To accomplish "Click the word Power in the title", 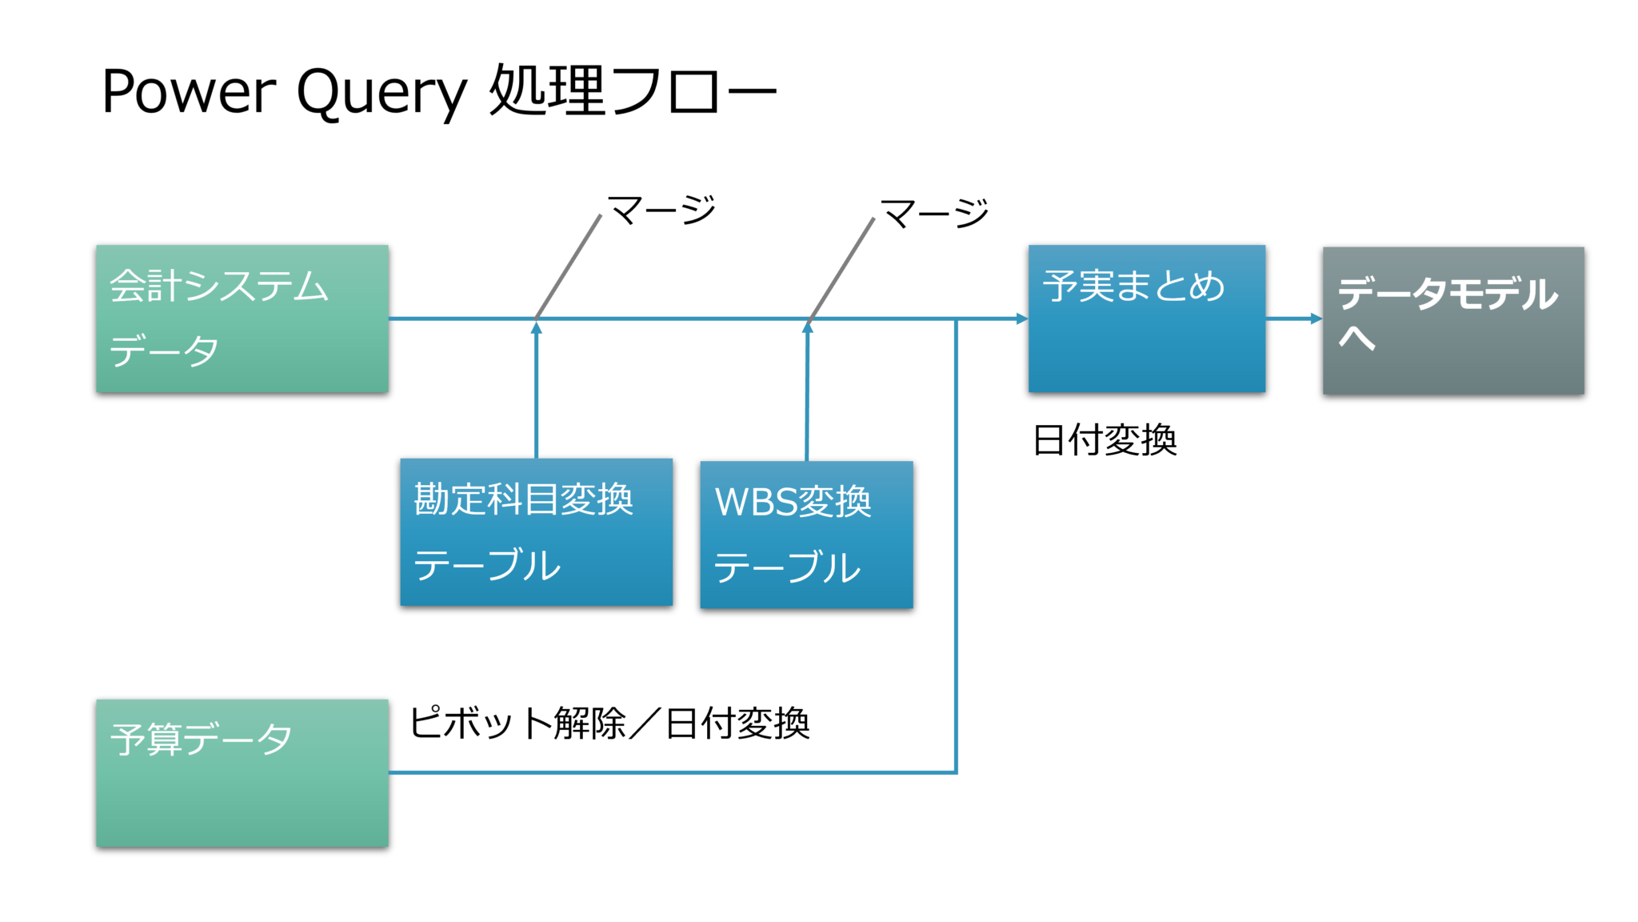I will click(189, 91).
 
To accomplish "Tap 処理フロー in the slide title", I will click(632, 91).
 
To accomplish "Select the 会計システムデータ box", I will click(242, 319).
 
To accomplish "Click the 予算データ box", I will click(242, 773).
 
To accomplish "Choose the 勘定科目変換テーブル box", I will click(536, 532).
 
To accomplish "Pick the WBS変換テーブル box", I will click(806, 535).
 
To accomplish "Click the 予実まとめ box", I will click(1146, 319).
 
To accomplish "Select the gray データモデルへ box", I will click(1452, 320).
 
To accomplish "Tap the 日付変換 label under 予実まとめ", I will click(1105, 440).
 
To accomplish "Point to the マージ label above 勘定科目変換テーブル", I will click(661, 210).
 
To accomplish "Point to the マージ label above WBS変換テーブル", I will click(934, 213).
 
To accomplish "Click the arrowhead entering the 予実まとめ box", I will click(1022, 319).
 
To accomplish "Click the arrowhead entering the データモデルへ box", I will click(1316, 319).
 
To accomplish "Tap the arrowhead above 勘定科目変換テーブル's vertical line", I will click(537, 327).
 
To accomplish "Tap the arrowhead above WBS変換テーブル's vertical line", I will click(808, 327).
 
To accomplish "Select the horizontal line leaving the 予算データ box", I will click(672, 772).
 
